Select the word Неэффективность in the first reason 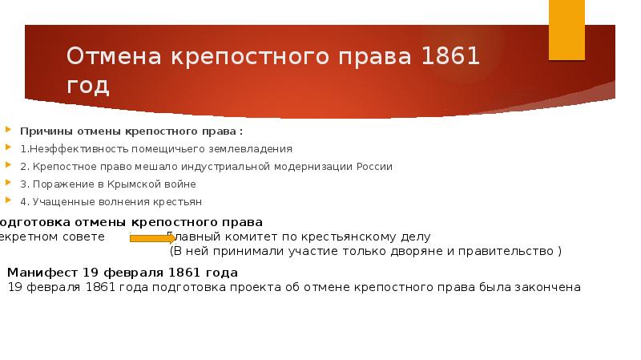click(70, 148)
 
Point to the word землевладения click(257, 148)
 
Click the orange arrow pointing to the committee click(153, 238)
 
